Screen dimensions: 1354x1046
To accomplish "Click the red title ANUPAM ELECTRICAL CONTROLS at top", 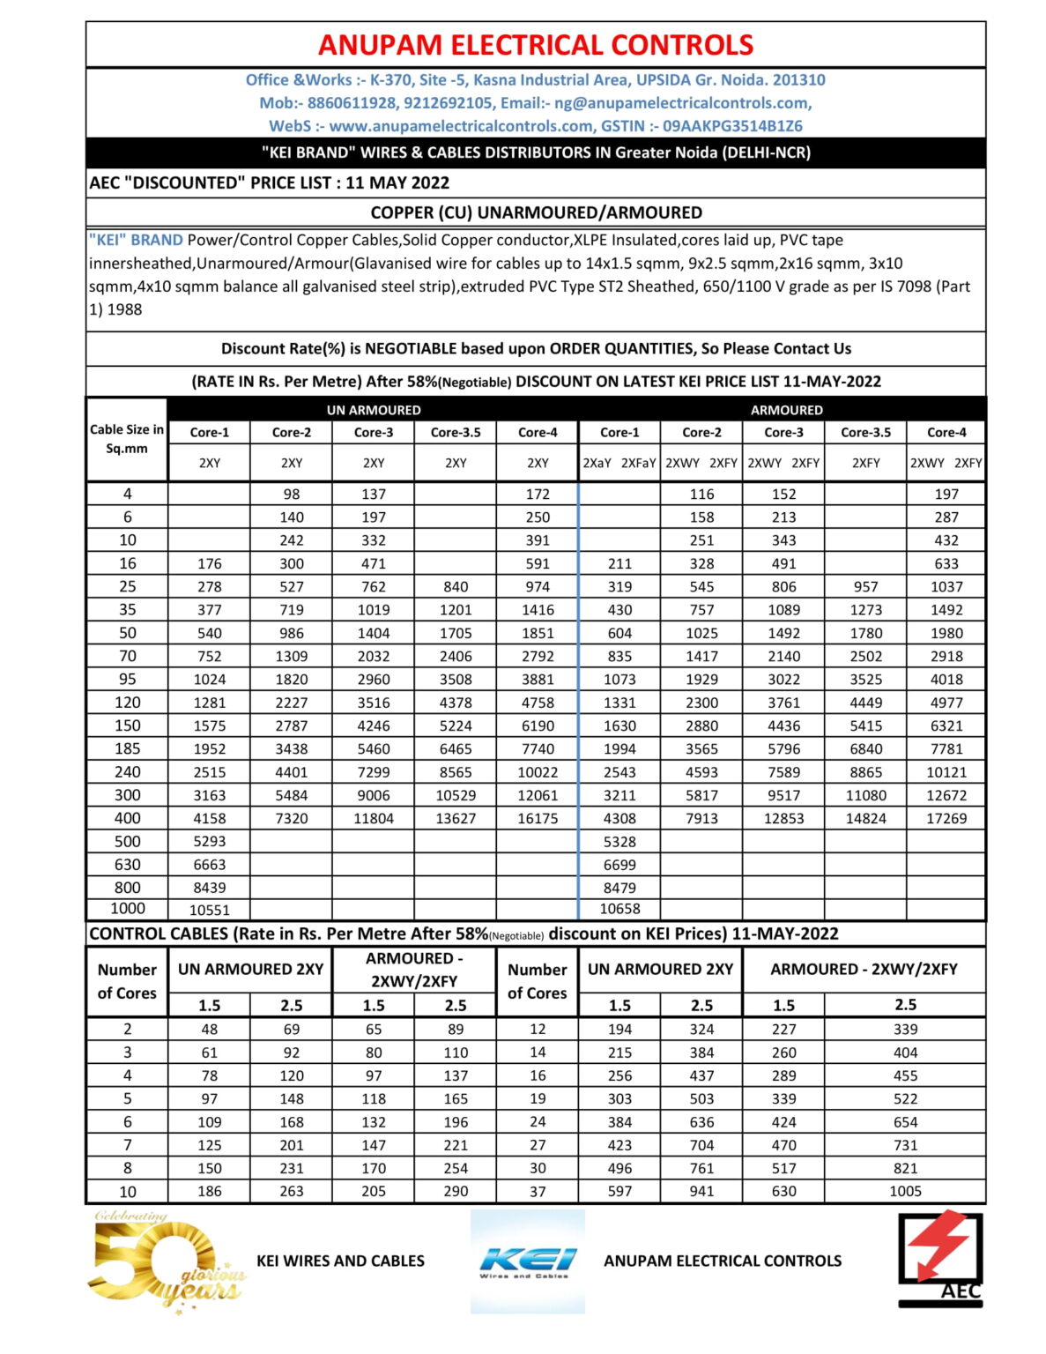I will click(535, 45).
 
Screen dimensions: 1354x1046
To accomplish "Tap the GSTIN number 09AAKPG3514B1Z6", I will click(732, 126).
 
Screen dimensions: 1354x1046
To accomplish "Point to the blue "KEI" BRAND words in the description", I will click(136, 241).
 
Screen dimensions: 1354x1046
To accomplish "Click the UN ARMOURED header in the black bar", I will click(374, 410).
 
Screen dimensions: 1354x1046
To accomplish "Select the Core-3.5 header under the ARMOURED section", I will click(865, 433).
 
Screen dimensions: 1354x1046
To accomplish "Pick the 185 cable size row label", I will click(127, 748).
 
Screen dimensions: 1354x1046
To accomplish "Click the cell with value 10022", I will click(538, 772).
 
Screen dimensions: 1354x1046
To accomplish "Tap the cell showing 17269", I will click(946, 818).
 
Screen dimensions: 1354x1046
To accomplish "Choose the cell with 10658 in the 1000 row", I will click(619, 909).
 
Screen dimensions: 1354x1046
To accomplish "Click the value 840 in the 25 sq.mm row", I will click(456, 587).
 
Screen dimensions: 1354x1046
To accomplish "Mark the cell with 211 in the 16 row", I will click(619, 563).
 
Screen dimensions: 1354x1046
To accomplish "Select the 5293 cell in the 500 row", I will click(210, 842).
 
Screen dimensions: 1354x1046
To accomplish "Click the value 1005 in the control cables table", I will click(905, 1191).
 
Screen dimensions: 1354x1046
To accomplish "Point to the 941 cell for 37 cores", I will click(701, 1191).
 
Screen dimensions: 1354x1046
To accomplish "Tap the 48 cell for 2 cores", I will click(210, 1029).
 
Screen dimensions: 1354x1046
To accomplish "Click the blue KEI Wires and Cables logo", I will click(527, 1261).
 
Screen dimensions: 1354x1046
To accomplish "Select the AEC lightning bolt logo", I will click(940, 1259).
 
